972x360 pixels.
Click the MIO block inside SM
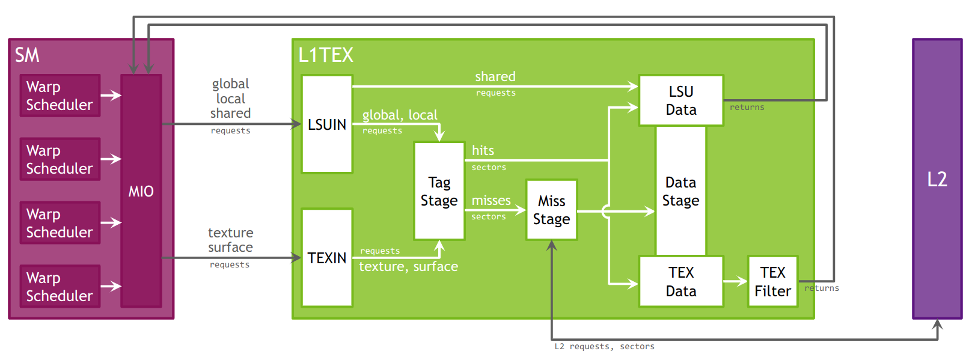pos(141,191)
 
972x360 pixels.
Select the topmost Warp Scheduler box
pos(60,96)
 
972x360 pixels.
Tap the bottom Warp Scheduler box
pos(60,287)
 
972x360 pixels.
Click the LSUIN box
pos(327,124)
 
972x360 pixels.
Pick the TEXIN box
pos(327,258)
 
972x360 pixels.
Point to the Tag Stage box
pos(439,191)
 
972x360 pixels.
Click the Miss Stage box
pos(551,210)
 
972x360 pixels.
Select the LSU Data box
pos(681,100)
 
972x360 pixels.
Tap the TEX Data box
pos(681,281)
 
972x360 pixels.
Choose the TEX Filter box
pos(772,281)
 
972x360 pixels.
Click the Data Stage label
pos(680,191)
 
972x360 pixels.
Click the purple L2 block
pos(937,179)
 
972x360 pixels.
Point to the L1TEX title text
pos(326,55)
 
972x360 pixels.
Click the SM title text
pos(27,55)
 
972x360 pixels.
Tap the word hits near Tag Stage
pos(483,150)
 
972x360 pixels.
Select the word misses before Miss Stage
pos(491,200)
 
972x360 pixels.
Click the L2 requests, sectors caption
pos(604,347)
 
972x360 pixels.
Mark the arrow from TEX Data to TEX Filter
pos(735,281)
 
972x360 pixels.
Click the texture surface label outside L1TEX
pos(230,240)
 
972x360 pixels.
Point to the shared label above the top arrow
pos(495,76)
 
